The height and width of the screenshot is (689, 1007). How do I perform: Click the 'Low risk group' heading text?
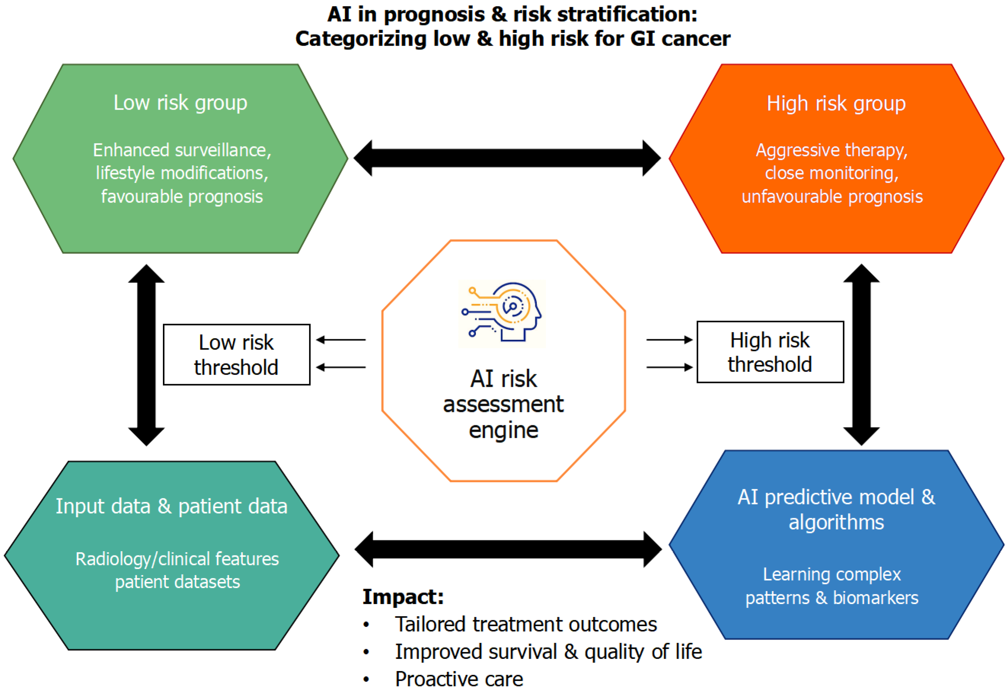point(180,103)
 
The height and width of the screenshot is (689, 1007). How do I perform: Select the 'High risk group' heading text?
point(836,104)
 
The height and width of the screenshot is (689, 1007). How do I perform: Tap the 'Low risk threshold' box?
point(237,354)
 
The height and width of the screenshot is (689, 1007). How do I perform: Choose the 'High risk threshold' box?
point(770,352)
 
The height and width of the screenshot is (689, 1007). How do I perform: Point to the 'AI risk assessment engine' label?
point(503,404)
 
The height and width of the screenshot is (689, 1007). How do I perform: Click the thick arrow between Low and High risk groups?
point(507,158)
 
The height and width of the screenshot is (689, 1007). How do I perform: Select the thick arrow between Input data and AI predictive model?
point(508,549)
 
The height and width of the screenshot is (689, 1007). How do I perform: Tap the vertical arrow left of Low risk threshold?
point(147,355)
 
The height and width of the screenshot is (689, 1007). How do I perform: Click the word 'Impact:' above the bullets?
point(403,597)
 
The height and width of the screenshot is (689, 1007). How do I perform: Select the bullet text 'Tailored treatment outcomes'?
point(526,624)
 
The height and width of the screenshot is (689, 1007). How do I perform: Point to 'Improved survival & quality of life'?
point(548,652)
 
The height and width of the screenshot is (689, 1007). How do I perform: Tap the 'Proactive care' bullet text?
point(459,679)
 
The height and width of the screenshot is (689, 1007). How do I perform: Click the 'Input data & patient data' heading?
point(172,506)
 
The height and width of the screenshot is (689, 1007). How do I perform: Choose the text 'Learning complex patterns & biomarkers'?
point(832,586)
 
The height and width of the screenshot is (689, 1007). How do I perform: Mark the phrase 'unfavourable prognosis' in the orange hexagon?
point(832,197)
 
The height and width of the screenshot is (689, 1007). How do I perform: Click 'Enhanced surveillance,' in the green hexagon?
point(182,150)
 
